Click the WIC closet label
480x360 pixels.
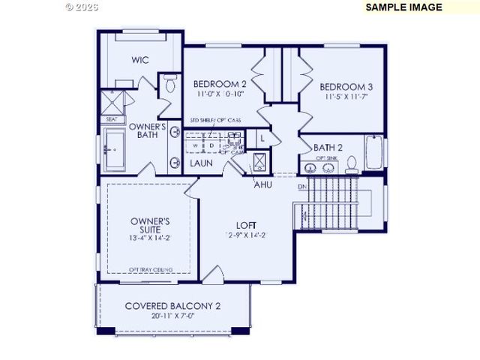(141, 60)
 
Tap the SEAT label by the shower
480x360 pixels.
(111, 119)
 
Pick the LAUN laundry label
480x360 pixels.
(200, 163)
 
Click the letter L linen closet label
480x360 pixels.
(262, 139)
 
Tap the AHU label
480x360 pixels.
(262, 184)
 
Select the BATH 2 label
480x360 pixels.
(328, 147)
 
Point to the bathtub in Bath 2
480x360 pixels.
(374, 151)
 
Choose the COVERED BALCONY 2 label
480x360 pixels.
(172, 306)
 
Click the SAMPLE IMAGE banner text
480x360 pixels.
(403, 7)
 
